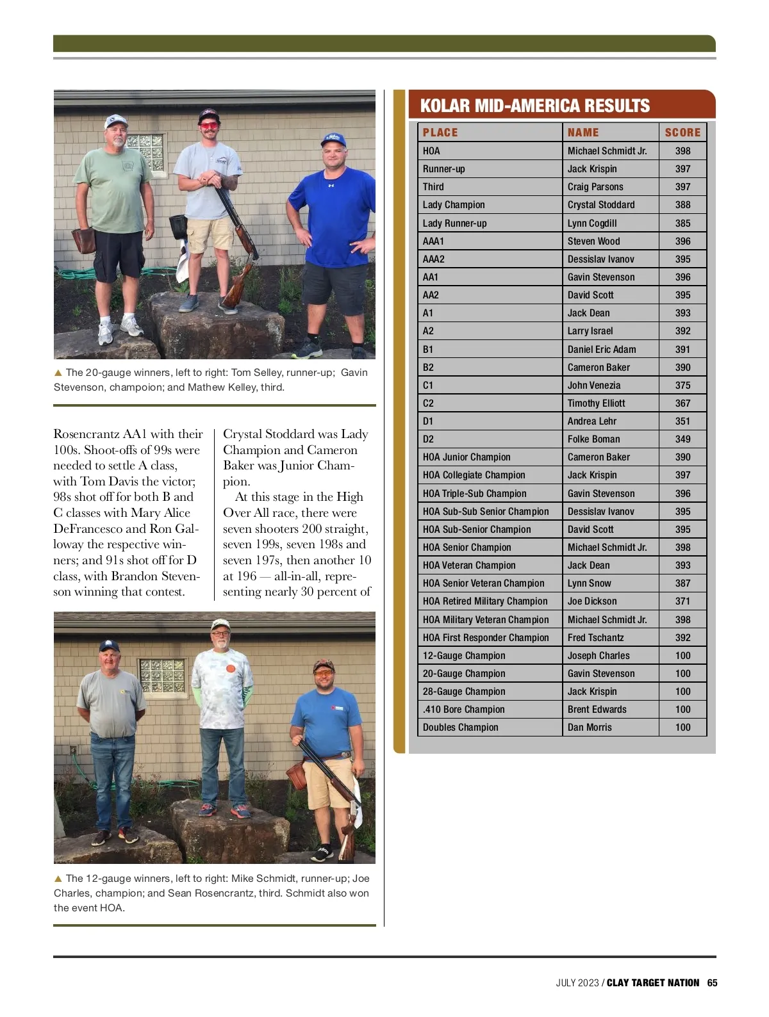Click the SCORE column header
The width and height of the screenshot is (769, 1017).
(682, 133)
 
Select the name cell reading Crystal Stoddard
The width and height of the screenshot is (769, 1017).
(600, 205)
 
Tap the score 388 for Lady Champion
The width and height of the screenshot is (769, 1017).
(682, 205)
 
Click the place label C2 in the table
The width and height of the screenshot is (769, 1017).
(428, 403)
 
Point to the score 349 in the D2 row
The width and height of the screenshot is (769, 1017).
(682, 439)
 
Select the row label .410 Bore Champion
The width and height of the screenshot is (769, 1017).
(463, 710)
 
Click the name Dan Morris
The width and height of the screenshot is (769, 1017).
(590, 728)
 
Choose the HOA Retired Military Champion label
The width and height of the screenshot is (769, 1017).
(485, 601)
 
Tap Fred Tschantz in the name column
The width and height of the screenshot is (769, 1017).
(595, 638)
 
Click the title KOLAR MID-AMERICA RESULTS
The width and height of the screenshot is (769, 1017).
(534, 106)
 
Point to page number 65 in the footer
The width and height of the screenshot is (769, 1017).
(712, 983)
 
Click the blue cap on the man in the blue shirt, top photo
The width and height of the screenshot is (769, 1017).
(333, 140)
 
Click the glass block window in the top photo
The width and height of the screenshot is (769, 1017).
(146, 152)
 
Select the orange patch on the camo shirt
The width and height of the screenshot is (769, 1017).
(230, 669)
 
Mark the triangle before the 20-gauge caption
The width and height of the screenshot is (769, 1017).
(58, 373)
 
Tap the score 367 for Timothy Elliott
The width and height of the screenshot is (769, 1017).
(682, 403)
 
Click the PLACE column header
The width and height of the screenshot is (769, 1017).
(440, 133)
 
